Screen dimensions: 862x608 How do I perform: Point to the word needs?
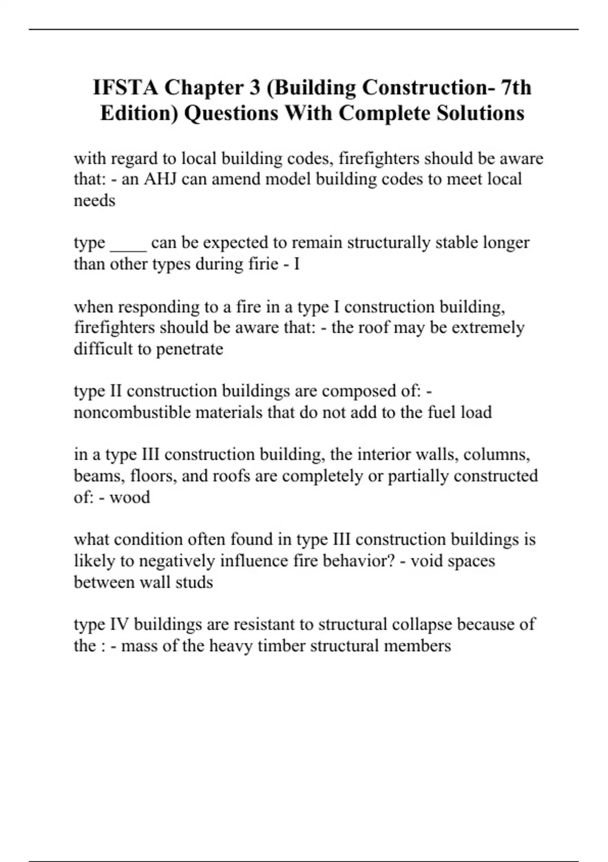point(94,201)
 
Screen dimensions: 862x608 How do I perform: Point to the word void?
point(426,561)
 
